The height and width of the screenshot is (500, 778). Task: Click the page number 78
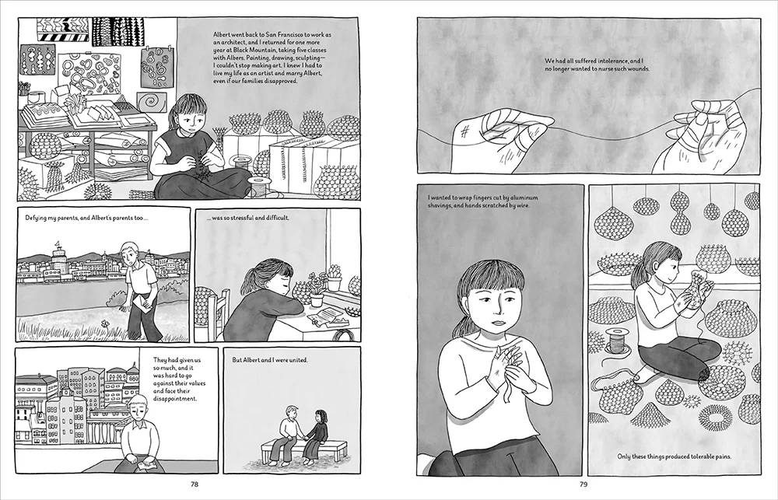pos(194,484)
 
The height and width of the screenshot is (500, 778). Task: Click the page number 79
pos(583,484)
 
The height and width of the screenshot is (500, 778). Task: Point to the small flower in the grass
pos(104,323)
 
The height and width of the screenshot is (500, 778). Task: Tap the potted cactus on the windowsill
pos(335,278)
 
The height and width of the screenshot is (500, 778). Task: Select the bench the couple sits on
pos(303,450)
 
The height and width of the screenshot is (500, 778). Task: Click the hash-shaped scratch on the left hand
pos(465,131)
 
